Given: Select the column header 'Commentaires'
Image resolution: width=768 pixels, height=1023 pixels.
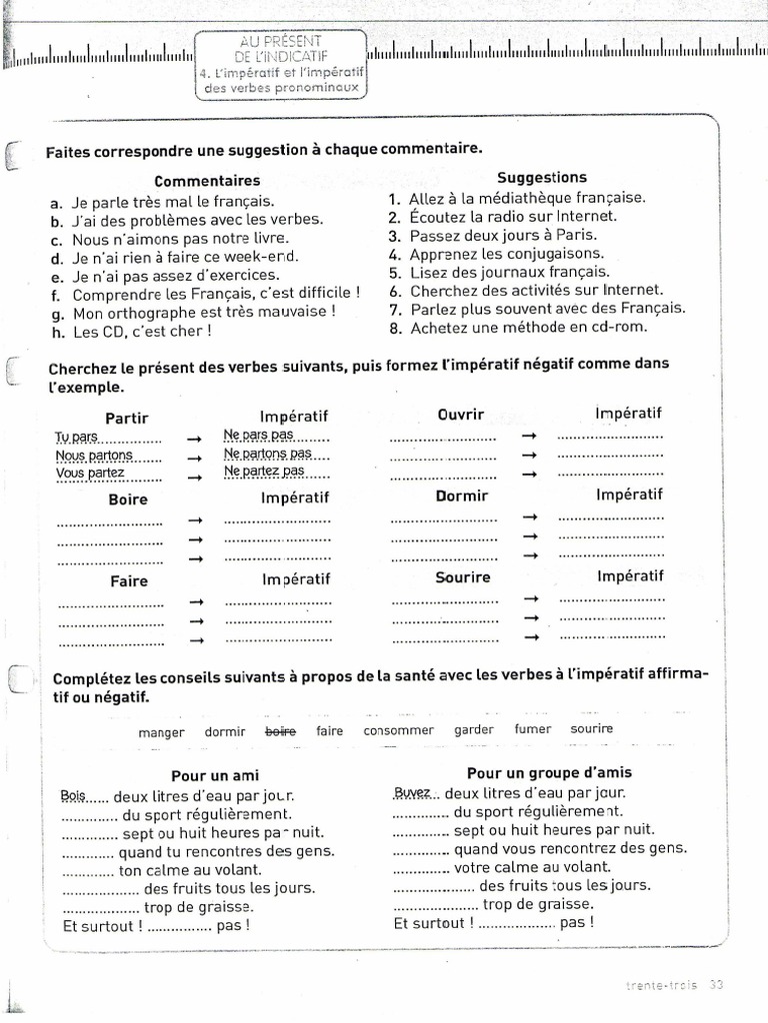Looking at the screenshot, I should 207,181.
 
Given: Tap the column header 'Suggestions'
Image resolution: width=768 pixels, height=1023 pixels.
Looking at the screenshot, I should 542,178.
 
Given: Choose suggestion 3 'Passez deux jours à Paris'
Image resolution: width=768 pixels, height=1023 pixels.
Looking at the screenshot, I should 494,235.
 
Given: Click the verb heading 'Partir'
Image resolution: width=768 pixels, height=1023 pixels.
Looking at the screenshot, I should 127,418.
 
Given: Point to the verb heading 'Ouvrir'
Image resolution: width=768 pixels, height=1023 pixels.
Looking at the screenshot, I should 460,414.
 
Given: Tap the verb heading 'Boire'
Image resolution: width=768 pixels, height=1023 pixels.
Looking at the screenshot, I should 128,500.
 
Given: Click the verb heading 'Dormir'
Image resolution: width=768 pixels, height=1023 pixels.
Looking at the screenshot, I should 462,496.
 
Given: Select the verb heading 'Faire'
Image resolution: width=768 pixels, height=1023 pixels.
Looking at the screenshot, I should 129,580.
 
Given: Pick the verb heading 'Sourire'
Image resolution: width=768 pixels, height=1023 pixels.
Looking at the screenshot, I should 463,577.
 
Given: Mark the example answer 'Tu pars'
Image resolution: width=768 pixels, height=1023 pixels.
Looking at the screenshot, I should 77,437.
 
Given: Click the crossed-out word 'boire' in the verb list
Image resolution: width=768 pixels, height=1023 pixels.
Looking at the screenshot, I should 280,731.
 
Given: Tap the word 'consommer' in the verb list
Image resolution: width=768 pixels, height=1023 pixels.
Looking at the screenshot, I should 399,730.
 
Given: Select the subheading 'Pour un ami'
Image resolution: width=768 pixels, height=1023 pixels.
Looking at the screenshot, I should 215,776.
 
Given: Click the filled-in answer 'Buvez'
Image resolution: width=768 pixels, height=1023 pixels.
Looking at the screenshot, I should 411,793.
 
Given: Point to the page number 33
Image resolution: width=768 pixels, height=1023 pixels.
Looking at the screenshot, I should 716,985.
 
